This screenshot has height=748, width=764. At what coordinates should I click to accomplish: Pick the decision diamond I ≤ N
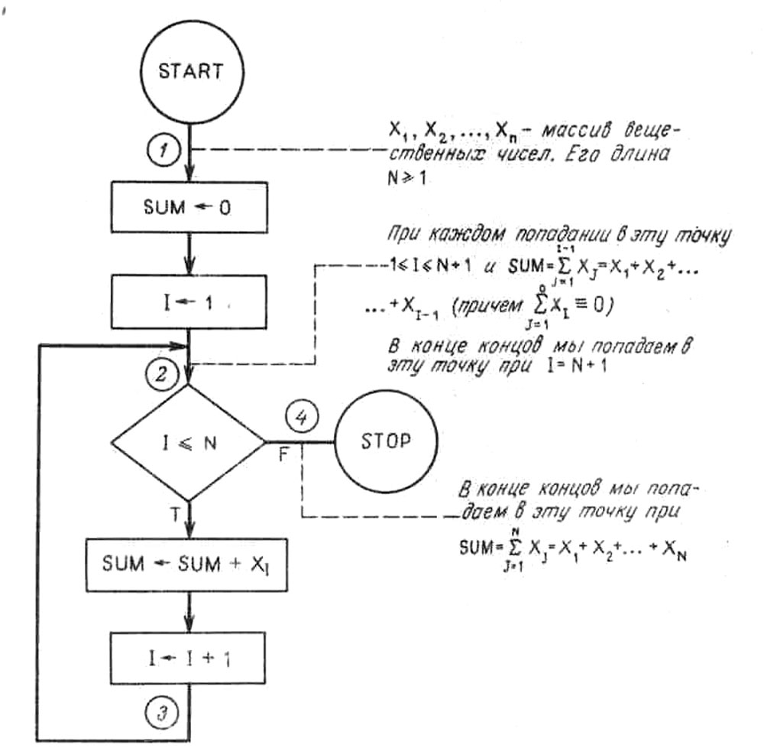click(188, 442)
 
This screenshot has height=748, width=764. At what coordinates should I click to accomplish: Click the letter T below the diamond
click(175, 515)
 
